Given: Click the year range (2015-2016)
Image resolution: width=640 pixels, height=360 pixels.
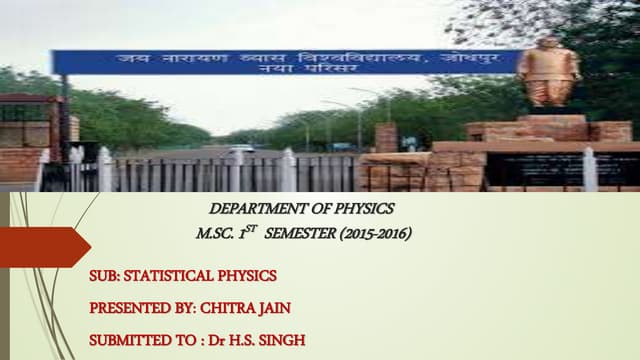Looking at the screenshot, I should click(374, 234).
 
